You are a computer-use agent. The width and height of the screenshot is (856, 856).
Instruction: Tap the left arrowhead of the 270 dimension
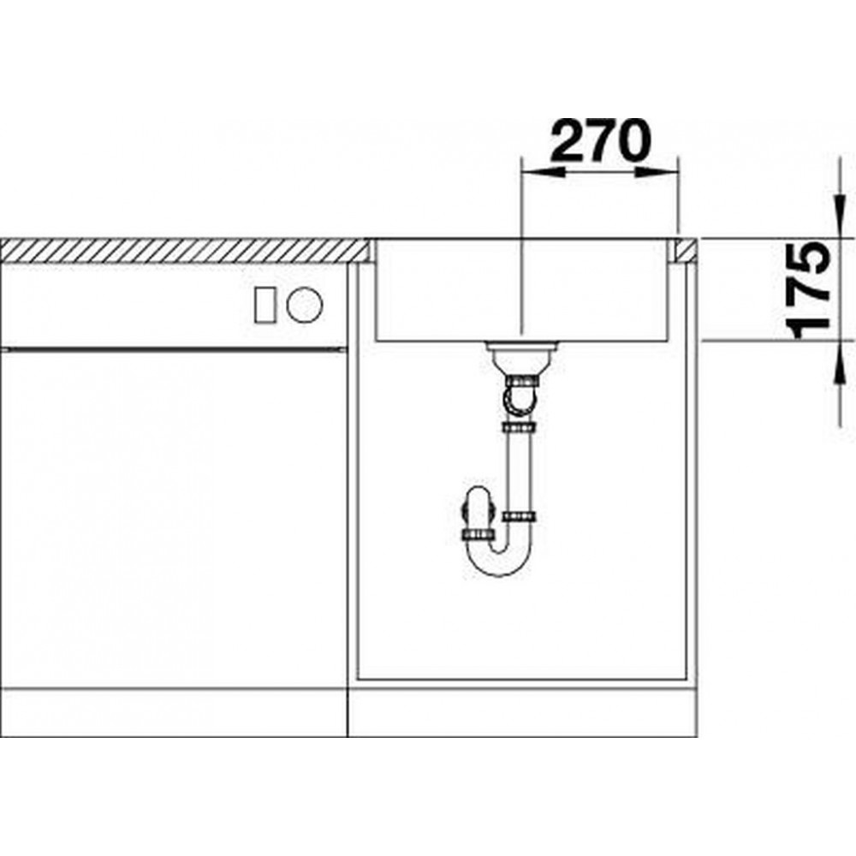(x=544, y=172)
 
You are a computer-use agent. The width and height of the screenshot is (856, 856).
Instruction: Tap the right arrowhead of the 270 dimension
(x=657, y=172)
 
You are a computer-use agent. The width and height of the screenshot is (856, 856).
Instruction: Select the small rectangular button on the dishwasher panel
(x=265, y=305)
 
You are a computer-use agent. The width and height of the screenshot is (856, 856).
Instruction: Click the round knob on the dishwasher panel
(x=305, y=305)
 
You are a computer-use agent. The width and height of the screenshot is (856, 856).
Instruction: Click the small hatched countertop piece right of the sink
(x=687, y=251)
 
